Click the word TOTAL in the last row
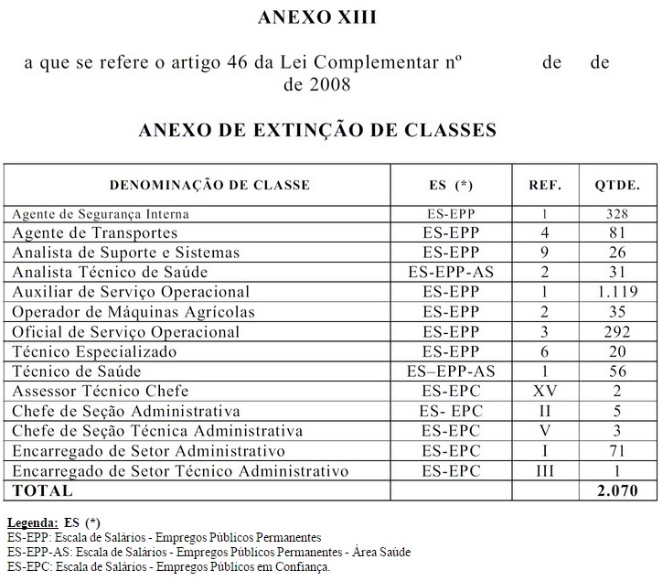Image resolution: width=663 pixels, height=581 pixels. click(43, 491)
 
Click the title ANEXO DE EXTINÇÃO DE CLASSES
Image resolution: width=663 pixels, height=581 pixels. click(317, 130)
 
